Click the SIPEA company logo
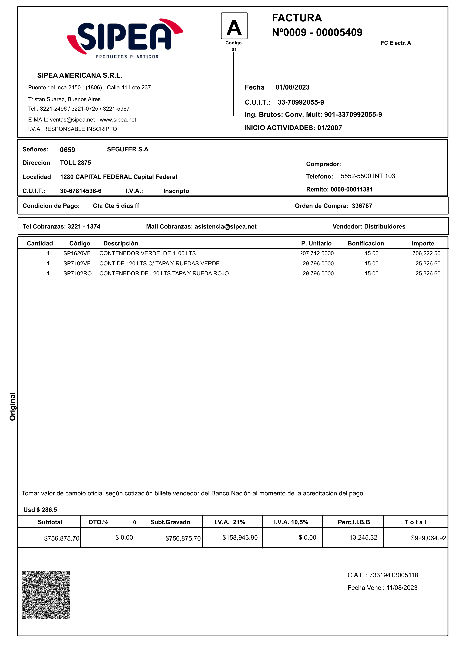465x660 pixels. point(125,38)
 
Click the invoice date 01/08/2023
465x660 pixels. point(292,87)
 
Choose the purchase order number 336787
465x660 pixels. point(362,206)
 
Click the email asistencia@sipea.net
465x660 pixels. point(225,226)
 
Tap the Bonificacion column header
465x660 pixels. point(365,243)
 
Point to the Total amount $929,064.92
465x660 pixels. point(429,538)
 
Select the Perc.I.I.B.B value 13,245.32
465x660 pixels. point(363,538)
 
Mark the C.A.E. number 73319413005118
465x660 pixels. point(393,575)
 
